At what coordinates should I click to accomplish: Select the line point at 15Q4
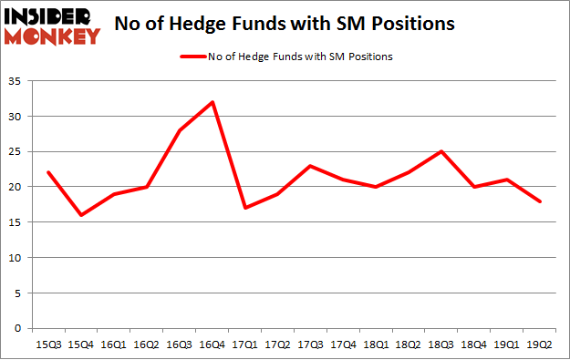click(x=81, y=215)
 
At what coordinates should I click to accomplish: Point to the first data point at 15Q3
click(x=48, y=172)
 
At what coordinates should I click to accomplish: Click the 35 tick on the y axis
click(x=17, y=81)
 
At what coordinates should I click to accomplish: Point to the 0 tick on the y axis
click(x=21, y=328)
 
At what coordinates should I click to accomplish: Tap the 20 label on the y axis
click(x=17, y=187)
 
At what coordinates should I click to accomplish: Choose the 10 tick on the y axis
click(x=17, y=258)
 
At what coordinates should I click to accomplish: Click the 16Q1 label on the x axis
click(x=114, y=345)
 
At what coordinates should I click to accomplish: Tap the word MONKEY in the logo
click(x=54, y=36)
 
